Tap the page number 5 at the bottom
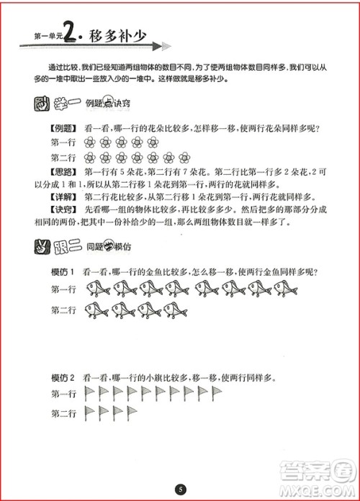(x=180, y=490)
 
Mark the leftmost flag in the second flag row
(x=91, y=412)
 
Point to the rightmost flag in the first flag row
(x=217, y=393)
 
